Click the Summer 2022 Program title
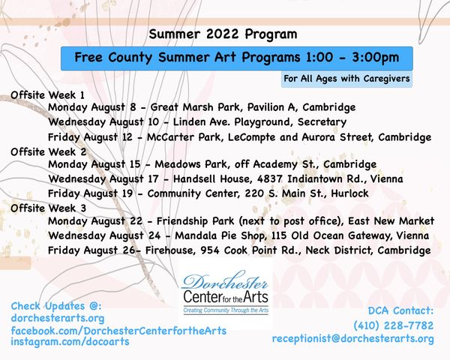223,34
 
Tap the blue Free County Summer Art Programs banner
237,58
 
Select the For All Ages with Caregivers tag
346,79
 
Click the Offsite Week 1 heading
48,95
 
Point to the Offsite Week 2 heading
48,151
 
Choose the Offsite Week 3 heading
48,208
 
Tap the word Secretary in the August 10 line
322,122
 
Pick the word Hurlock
349,193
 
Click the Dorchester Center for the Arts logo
226,292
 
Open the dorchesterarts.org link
58,318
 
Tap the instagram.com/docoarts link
70,342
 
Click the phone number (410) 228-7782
394,325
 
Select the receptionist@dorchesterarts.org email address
353,339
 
